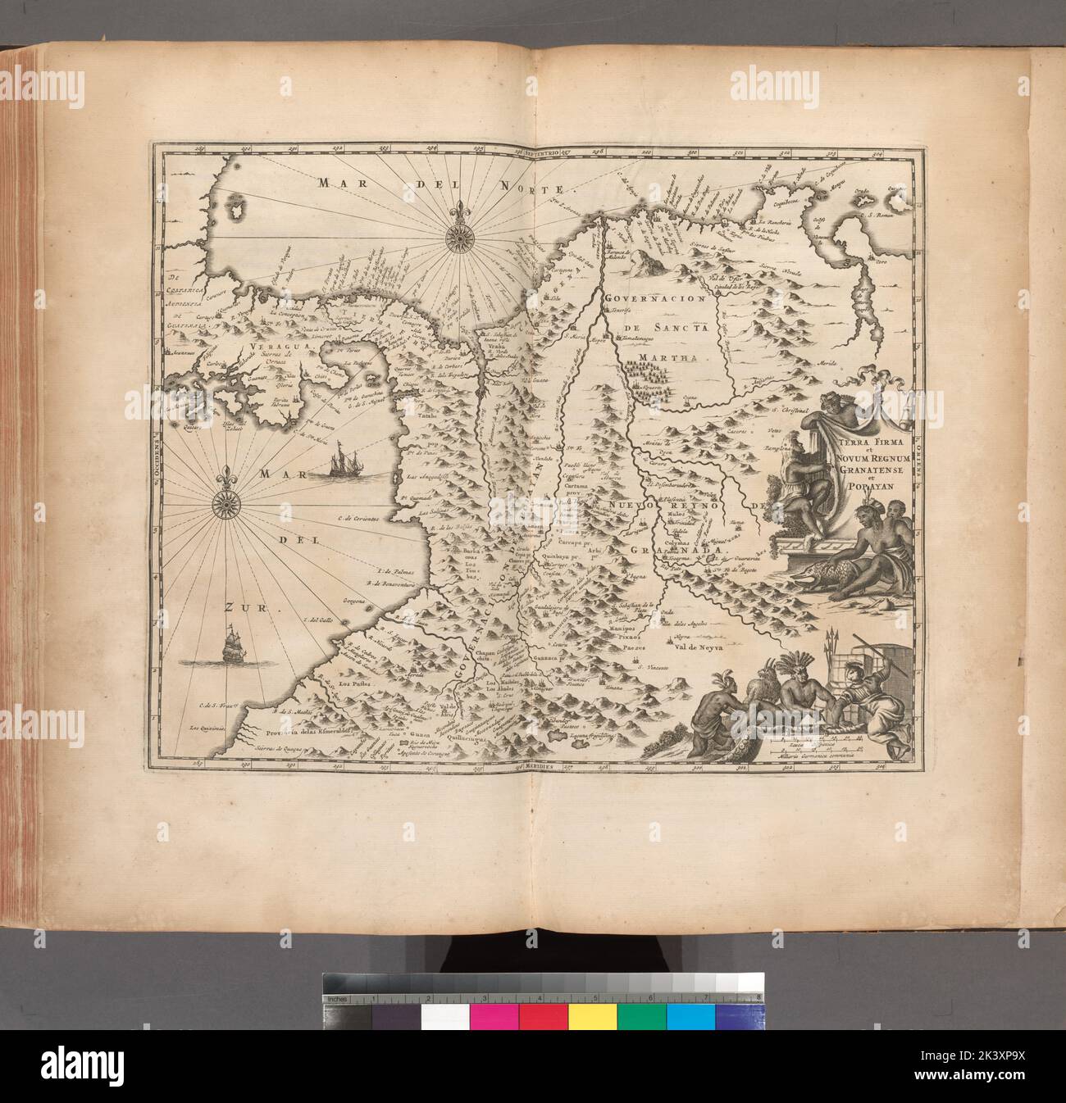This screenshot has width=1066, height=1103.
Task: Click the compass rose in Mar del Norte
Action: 453,238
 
